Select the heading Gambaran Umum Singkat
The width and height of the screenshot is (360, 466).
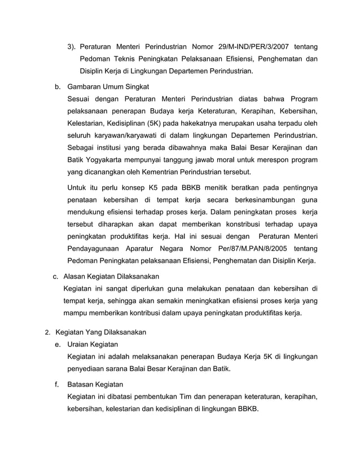pyautogui.click(x=108, y=87)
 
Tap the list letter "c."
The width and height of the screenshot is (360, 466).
pyautogui.click(x=56, y=277)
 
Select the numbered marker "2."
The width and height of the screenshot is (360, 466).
pyautogui.click(x=48, y=332)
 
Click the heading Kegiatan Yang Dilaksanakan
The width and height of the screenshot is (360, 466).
pyautogui.click(x=100, y=332)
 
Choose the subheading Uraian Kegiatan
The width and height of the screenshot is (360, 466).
pyautogui.click(x=93, y=344)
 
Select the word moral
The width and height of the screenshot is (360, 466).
pyautogui.click(x=227, y=160)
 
